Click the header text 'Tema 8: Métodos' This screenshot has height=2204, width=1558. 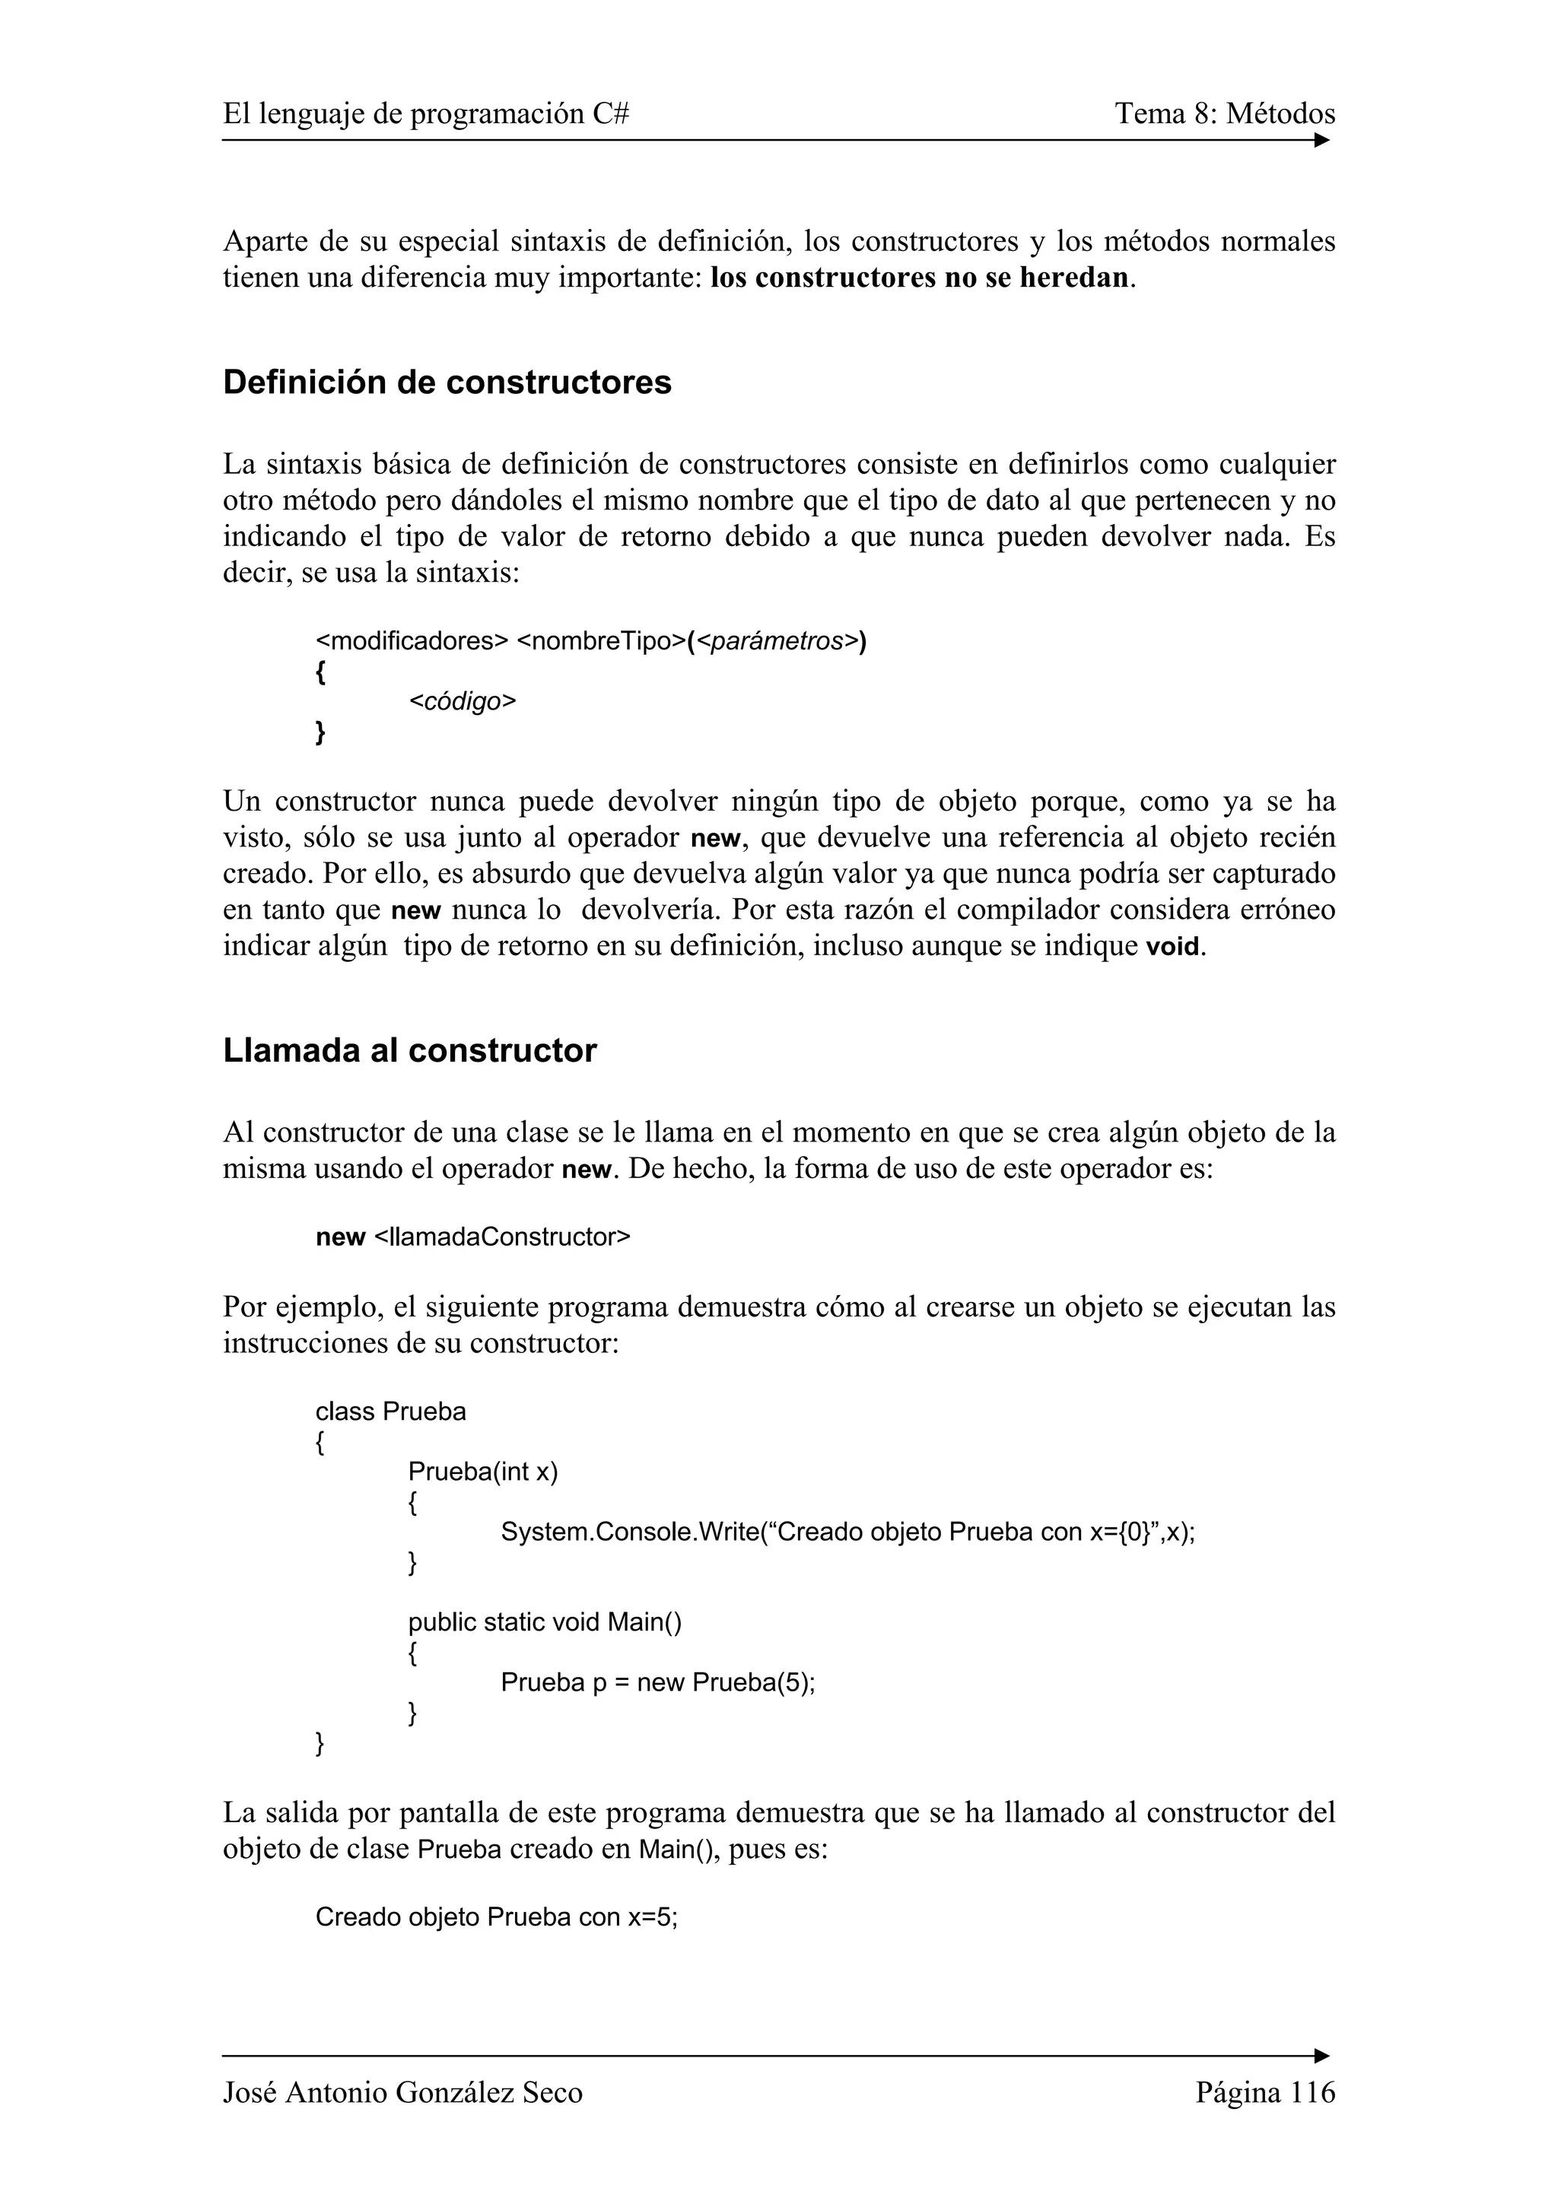click(1224, 114)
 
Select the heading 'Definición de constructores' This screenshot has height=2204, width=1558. click(447, 382)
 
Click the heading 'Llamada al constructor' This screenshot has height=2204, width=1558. click(409, 1050)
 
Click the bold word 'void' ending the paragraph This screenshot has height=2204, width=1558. click(1173, 948)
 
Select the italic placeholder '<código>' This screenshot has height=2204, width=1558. click(462, 702)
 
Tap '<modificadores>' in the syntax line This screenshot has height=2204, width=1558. click(411, 641)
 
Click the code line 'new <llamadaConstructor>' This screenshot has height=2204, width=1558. click(472, 1237)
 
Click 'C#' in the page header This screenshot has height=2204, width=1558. click(611, 114)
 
